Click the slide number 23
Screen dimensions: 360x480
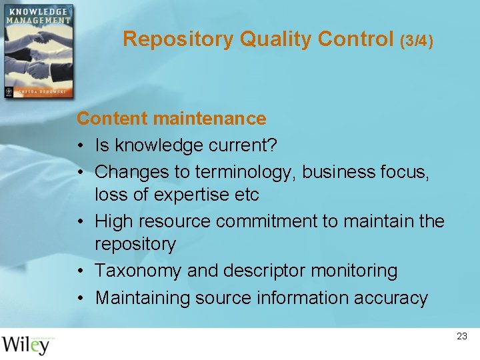(462, 337)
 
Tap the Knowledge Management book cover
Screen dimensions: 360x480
(37, 51)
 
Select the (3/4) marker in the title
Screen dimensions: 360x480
(417, 41)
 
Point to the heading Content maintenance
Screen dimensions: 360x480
(171, 119)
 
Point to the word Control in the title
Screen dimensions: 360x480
(356, 39)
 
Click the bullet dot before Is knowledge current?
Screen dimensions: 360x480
(81, 146)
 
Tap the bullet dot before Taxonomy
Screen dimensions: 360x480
(81, 271)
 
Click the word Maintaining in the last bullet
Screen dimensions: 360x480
(142, 297)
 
